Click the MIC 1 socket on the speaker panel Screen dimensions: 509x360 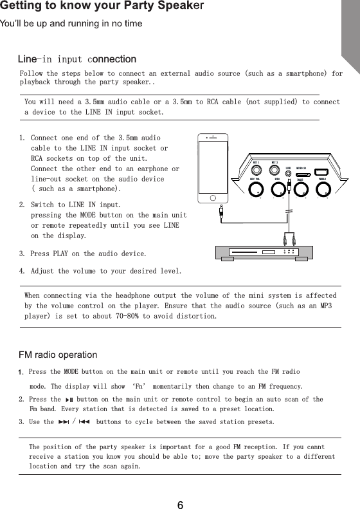256,171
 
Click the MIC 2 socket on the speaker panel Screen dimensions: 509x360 275,171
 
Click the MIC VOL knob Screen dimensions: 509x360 256,190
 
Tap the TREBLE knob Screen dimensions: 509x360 327,190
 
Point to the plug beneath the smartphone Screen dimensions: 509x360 221,210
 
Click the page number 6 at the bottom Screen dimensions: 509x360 180,505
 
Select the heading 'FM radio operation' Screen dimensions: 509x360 59,355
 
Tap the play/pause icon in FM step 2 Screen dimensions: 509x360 69,400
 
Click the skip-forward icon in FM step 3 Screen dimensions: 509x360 63,422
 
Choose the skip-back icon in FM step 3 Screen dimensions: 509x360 85,422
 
